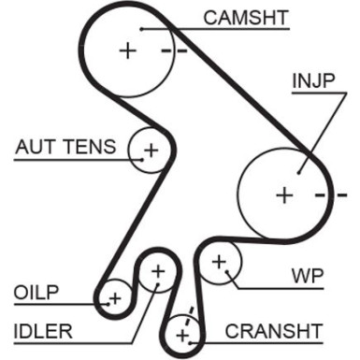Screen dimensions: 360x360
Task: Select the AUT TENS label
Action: tap(65, 148)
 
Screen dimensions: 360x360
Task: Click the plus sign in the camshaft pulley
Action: tap(127, 50)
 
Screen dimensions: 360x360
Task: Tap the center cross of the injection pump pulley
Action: tap(284, 194)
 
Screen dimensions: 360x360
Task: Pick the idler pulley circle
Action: tap(157, 271)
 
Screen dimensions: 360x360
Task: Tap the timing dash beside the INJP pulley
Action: tap(324, 195)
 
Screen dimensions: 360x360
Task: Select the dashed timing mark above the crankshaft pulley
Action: tap(191, 312)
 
